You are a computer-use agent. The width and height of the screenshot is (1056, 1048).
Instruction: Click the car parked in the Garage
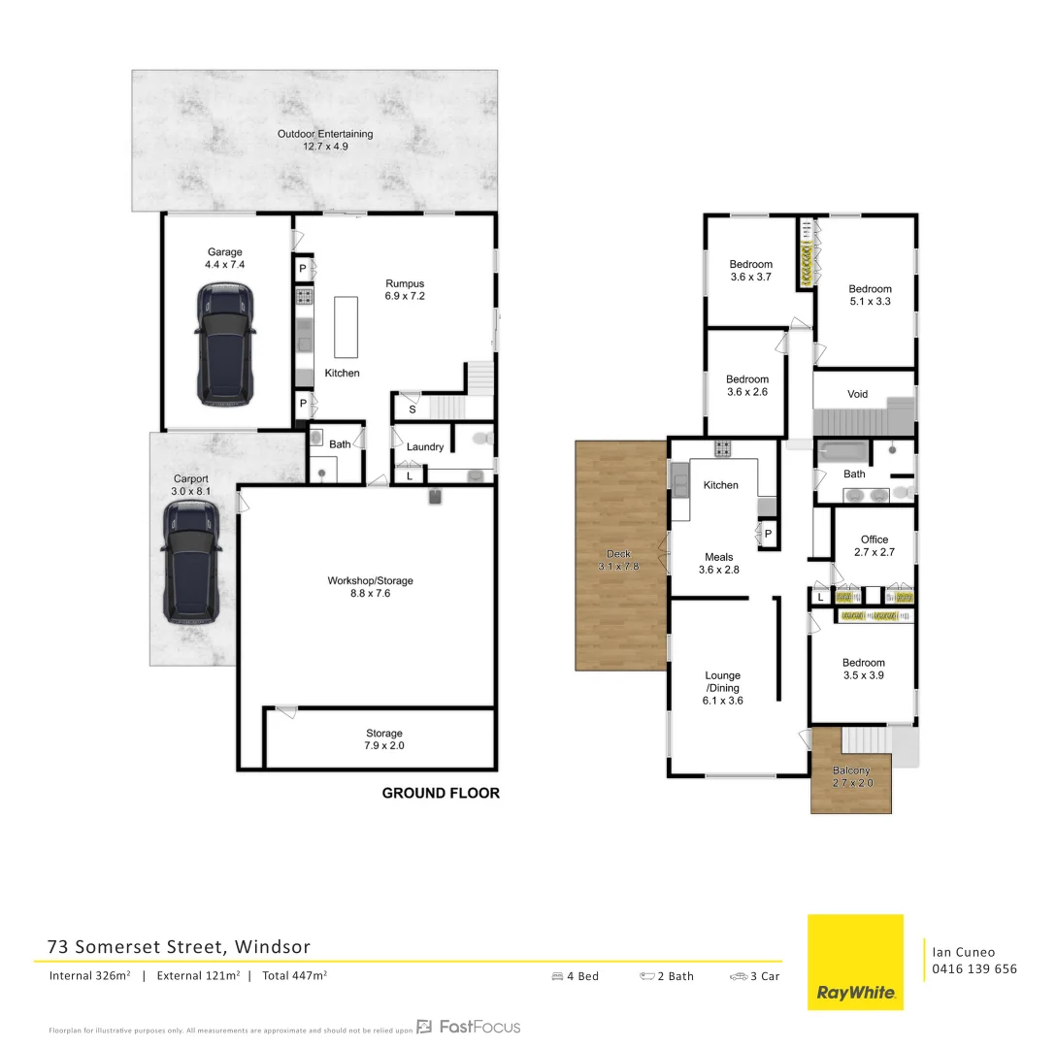(x=225, y=344)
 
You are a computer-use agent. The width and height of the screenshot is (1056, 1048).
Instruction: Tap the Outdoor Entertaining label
(x=325, y=141)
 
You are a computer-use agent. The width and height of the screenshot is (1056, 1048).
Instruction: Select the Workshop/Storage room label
(x=370, y=587)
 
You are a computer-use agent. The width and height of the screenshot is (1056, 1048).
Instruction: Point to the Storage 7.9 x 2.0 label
(x=383, y=739)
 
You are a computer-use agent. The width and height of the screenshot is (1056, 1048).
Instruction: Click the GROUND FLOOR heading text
(x=441, y=793)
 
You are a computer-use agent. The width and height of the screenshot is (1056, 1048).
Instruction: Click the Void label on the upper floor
(x=857, y=394)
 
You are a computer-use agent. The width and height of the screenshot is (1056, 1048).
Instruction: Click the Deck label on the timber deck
(x=617, y=560)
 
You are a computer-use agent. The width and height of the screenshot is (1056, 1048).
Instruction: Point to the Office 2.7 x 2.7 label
(x=874, y=545)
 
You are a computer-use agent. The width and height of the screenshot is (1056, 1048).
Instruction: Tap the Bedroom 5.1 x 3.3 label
(x=870, y=295)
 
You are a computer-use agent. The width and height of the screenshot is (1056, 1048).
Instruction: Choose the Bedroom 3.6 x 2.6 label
(x=747, y=385)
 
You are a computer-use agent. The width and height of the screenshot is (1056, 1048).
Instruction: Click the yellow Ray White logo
(x=855, y=962)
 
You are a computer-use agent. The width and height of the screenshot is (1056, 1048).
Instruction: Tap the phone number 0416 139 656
(x=973, y=968)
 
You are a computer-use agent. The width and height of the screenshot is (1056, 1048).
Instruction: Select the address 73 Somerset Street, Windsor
(x=180, y=946)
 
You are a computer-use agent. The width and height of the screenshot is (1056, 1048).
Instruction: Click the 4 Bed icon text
(x=575, y=976)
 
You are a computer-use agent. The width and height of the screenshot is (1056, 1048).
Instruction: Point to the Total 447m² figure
(x=294, y=976)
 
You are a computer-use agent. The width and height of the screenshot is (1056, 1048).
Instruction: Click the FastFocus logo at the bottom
(x=469, y=1027)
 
